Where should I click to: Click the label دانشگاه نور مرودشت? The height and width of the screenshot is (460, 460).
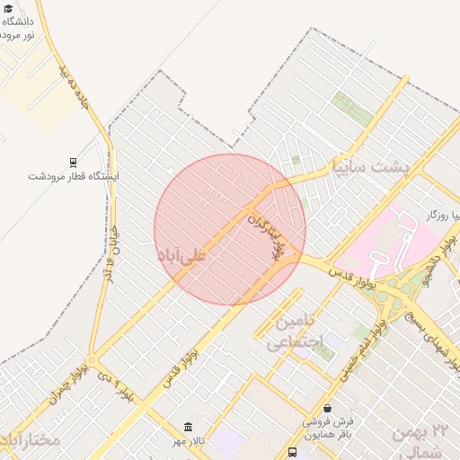tap(19, 27)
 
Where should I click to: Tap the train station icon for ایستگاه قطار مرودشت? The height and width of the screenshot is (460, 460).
tap(72, 162)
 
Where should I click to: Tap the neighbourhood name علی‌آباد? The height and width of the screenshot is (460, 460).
tap(182, 256)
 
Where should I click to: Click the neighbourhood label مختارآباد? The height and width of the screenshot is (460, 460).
tap(31, 440)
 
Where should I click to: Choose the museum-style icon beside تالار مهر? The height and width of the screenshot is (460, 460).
tap(188, 427)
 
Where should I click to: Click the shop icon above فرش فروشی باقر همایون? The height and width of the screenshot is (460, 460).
tap(327, 409)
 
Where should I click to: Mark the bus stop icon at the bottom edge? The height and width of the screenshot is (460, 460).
tap(292, 453)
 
